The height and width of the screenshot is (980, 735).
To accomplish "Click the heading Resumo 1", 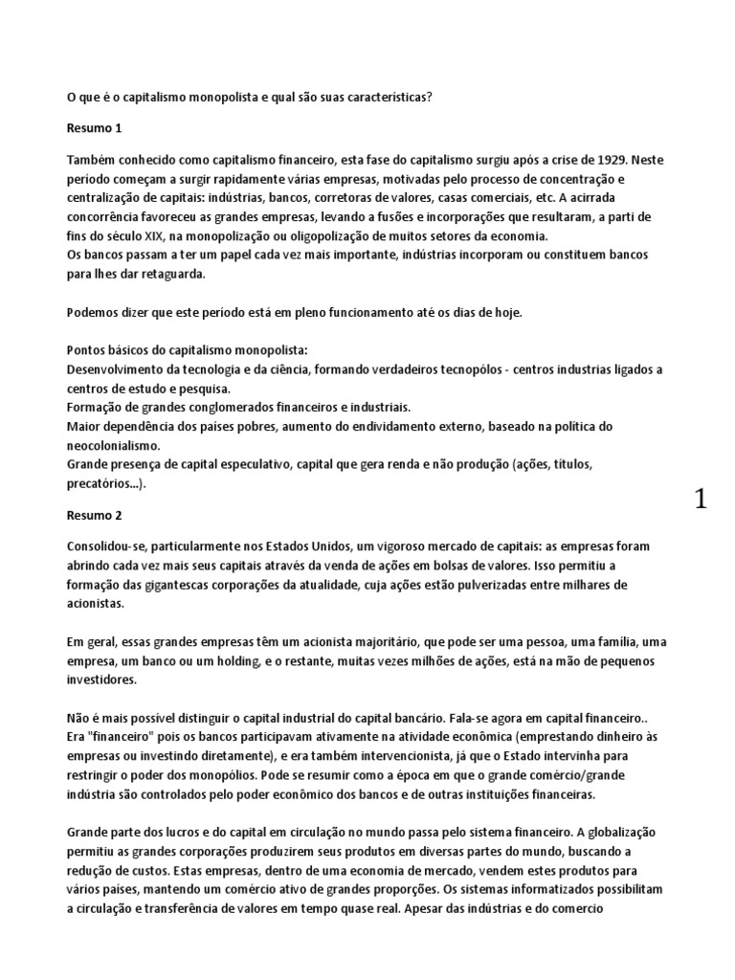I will tap(95, 128).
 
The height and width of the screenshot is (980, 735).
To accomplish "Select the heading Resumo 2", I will tap(95, 515).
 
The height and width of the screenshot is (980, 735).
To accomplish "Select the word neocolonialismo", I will tap(112, 446).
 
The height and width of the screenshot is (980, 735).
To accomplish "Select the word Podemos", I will tap(95, 312).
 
